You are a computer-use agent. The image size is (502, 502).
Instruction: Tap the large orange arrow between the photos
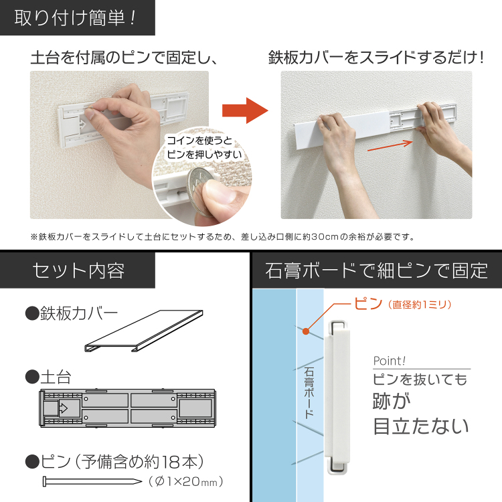pos(244,110)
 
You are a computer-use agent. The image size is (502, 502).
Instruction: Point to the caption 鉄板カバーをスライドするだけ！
pos(375,58)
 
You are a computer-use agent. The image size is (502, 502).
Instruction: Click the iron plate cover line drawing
pos(143,331)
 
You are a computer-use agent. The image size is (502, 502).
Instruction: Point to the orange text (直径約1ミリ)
pos(420,305)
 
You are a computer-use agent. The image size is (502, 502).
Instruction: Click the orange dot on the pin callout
pos(305,331)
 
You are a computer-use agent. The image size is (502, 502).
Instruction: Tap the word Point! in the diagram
pos(390,361)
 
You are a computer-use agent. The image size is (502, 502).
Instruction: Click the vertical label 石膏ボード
pos(309,392)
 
